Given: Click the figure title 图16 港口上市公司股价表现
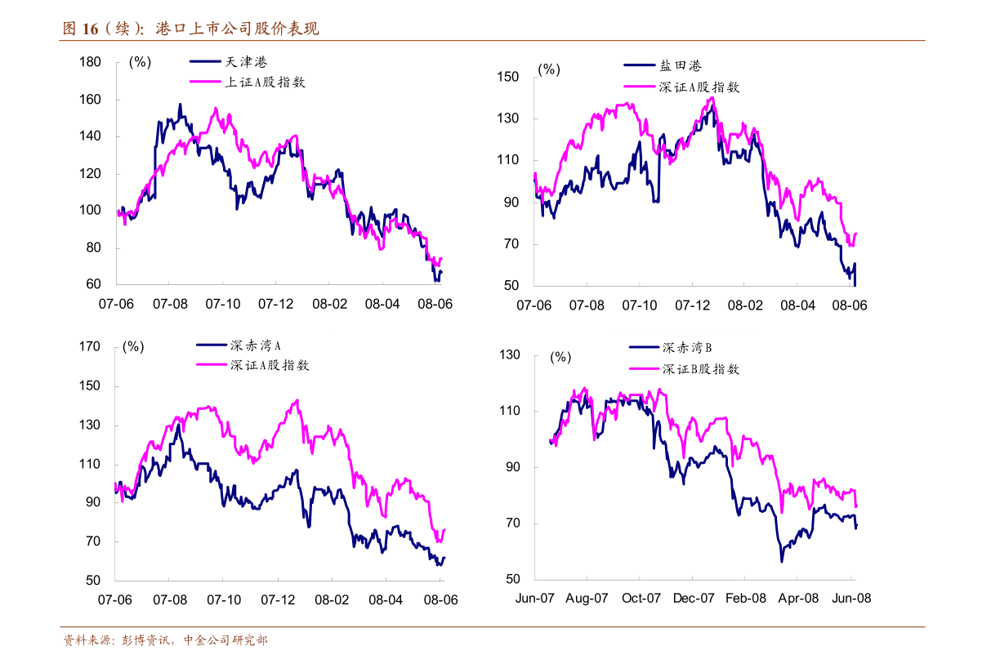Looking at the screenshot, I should [191, 29].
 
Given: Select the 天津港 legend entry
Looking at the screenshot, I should [246, 62].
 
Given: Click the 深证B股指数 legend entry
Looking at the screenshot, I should [700, 369].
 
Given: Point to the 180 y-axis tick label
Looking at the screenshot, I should [90, 62].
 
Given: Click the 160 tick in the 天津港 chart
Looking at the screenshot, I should [90, 100].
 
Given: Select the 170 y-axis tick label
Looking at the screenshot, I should [90, 346].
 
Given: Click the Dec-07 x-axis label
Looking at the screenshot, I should [694, 598].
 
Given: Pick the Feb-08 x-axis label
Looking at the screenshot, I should [747, 598].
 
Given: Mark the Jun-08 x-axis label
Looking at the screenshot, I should [852, 598].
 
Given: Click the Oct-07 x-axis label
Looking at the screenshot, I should [641, 598].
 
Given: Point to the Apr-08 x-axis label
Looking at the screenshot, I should [799, 598].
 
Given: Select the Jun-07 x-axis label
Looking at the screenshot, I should [535, 598].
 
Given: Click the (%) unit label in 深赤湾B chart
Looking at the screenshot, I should [560, 357].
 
